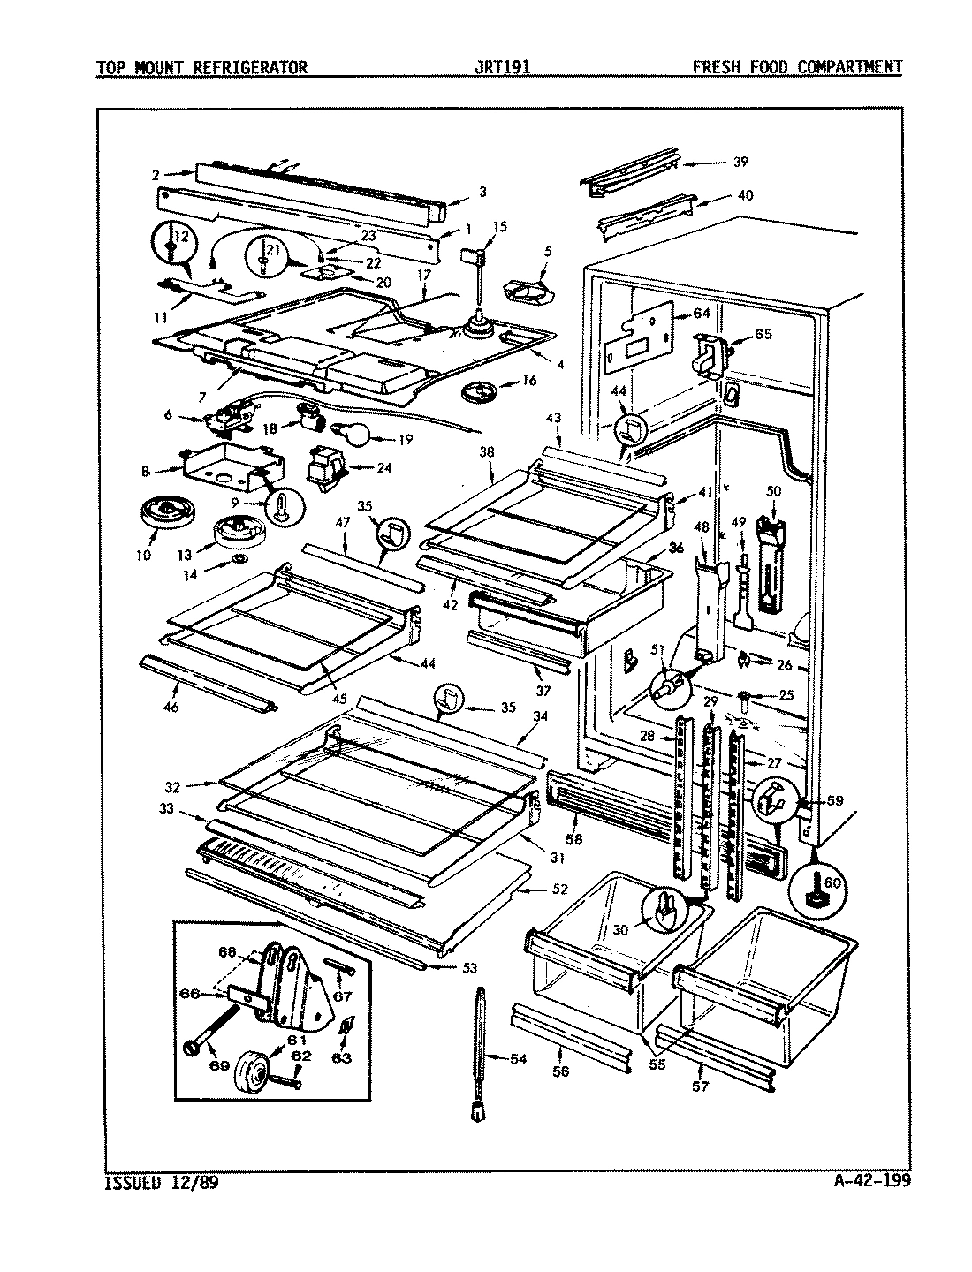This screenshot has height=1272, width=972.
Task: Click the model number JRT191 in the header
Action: (501, 67)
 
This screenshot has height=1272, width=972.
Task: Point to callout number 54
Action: (517, 1058)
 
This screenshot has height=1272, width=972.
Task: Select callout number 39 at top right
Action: (740, 162)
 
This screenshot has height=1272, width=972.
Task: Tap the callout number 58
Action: (573, 839)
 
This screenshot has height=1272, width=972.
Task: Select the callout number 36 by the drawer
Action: (676, 548)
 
